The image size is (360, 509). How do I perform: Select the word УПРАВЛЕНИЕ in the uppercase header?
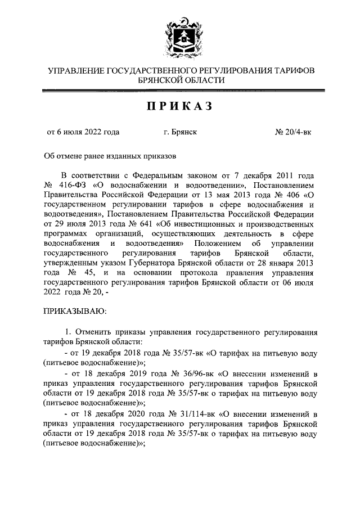pos(75,70)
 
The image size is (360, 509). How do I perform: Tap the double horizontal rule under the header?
pos(180,91)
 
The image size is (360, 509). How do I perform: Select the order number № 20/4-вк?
pos(293,132)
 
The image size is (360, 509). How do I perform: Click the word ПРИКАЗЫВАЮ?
pos(74,309)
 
